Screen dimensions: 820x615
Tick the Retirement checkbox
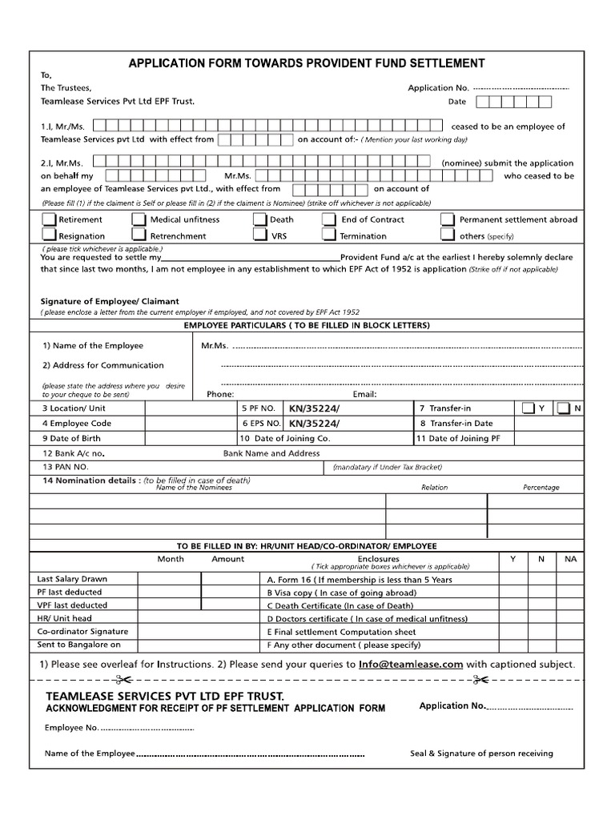point(49,219)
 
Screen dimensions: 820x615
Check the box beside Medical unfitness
point(139,219)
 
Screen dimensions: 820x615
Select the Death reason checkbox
point(260,219)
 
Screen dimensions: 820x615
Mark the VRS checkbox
point(260,235)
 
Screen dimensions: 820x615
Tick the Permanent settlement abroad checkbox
point(448,219)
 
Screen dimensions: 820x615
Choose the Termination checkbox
point(329,235)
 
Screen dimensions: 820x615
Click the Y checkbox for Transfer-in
point(528,408)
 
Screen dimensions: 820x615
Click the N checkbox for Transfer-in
point(563,408)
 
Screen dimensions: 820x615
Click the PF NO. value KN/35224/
point(314,408)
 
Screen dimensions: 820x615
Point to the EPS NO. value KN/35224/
point(314,424)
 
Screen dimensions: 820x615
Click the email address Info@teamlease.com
point(411,664)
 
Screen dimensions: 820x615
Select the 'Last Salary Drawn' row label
point(72,579)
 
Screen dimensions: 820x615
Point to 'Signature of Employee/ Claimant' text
point(110,301)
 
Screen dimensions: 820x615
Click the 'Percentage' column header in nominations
point(541,487)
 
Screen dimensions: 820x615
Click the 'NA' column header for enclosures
point(570,559)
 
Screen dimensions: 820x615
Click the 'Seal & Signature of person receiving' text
point(481,754)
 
